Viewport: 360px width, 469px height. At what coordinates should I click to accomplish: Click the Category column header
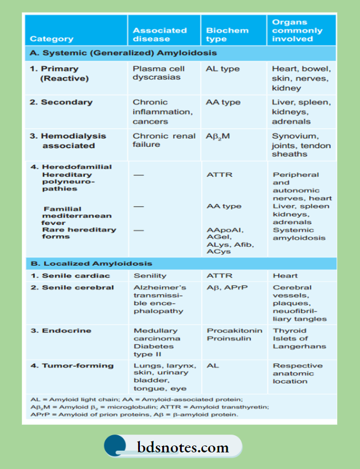[x=52, y=39]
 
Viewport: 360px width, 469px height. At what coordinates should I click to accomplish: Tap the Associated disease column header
[x=152, y=34]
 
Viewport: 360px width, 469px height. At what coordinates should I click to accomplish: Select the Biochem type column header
[x=227, y=34]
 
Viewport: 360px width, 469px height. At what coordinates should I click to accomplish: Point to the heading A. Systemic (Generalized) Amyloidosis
[x=123, y=53]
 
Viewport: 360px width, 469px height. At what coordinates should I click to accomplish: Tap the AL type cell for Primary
[x=222, y=69]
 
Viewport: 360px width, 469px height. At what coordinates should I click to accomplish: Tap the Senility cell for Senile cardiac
[x=150, y=276]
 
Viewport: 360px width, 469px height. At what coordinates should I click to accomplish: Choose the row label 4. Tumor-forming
[x=72, y=366]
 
